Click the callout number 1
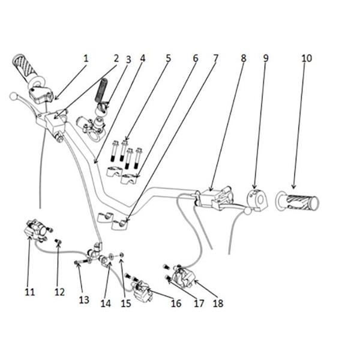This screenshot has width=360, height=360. [86, 58]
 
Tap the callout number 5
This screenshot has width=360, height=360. [169, 58]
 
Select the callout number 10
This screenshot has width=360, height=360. [307, 58]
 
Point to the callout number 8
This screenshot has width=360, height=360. [244, 58]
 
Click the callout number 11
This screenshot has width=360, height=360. [30, 292]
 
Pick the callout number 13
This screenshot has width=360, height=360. [84, 299]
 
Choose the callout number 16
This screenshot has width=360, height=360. [176, 303]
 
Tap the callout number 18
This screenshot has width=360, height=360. [218, 303]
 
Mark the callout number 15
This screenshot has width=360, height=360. [126, 303]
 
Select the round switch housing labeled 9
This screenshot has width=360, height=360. [257, 199]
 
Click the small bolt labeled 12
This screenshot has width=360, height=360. [58, 242]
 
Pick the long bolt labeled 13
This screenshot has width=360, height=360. [82, 262]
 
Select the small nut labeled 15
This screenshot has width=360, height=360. [122, 254]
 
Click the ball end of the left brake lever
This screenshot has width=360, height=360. [13, 96]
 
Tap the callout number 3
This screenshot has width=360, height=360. [128, 59]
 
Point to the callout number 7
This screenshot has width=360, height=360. [215, 58]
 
